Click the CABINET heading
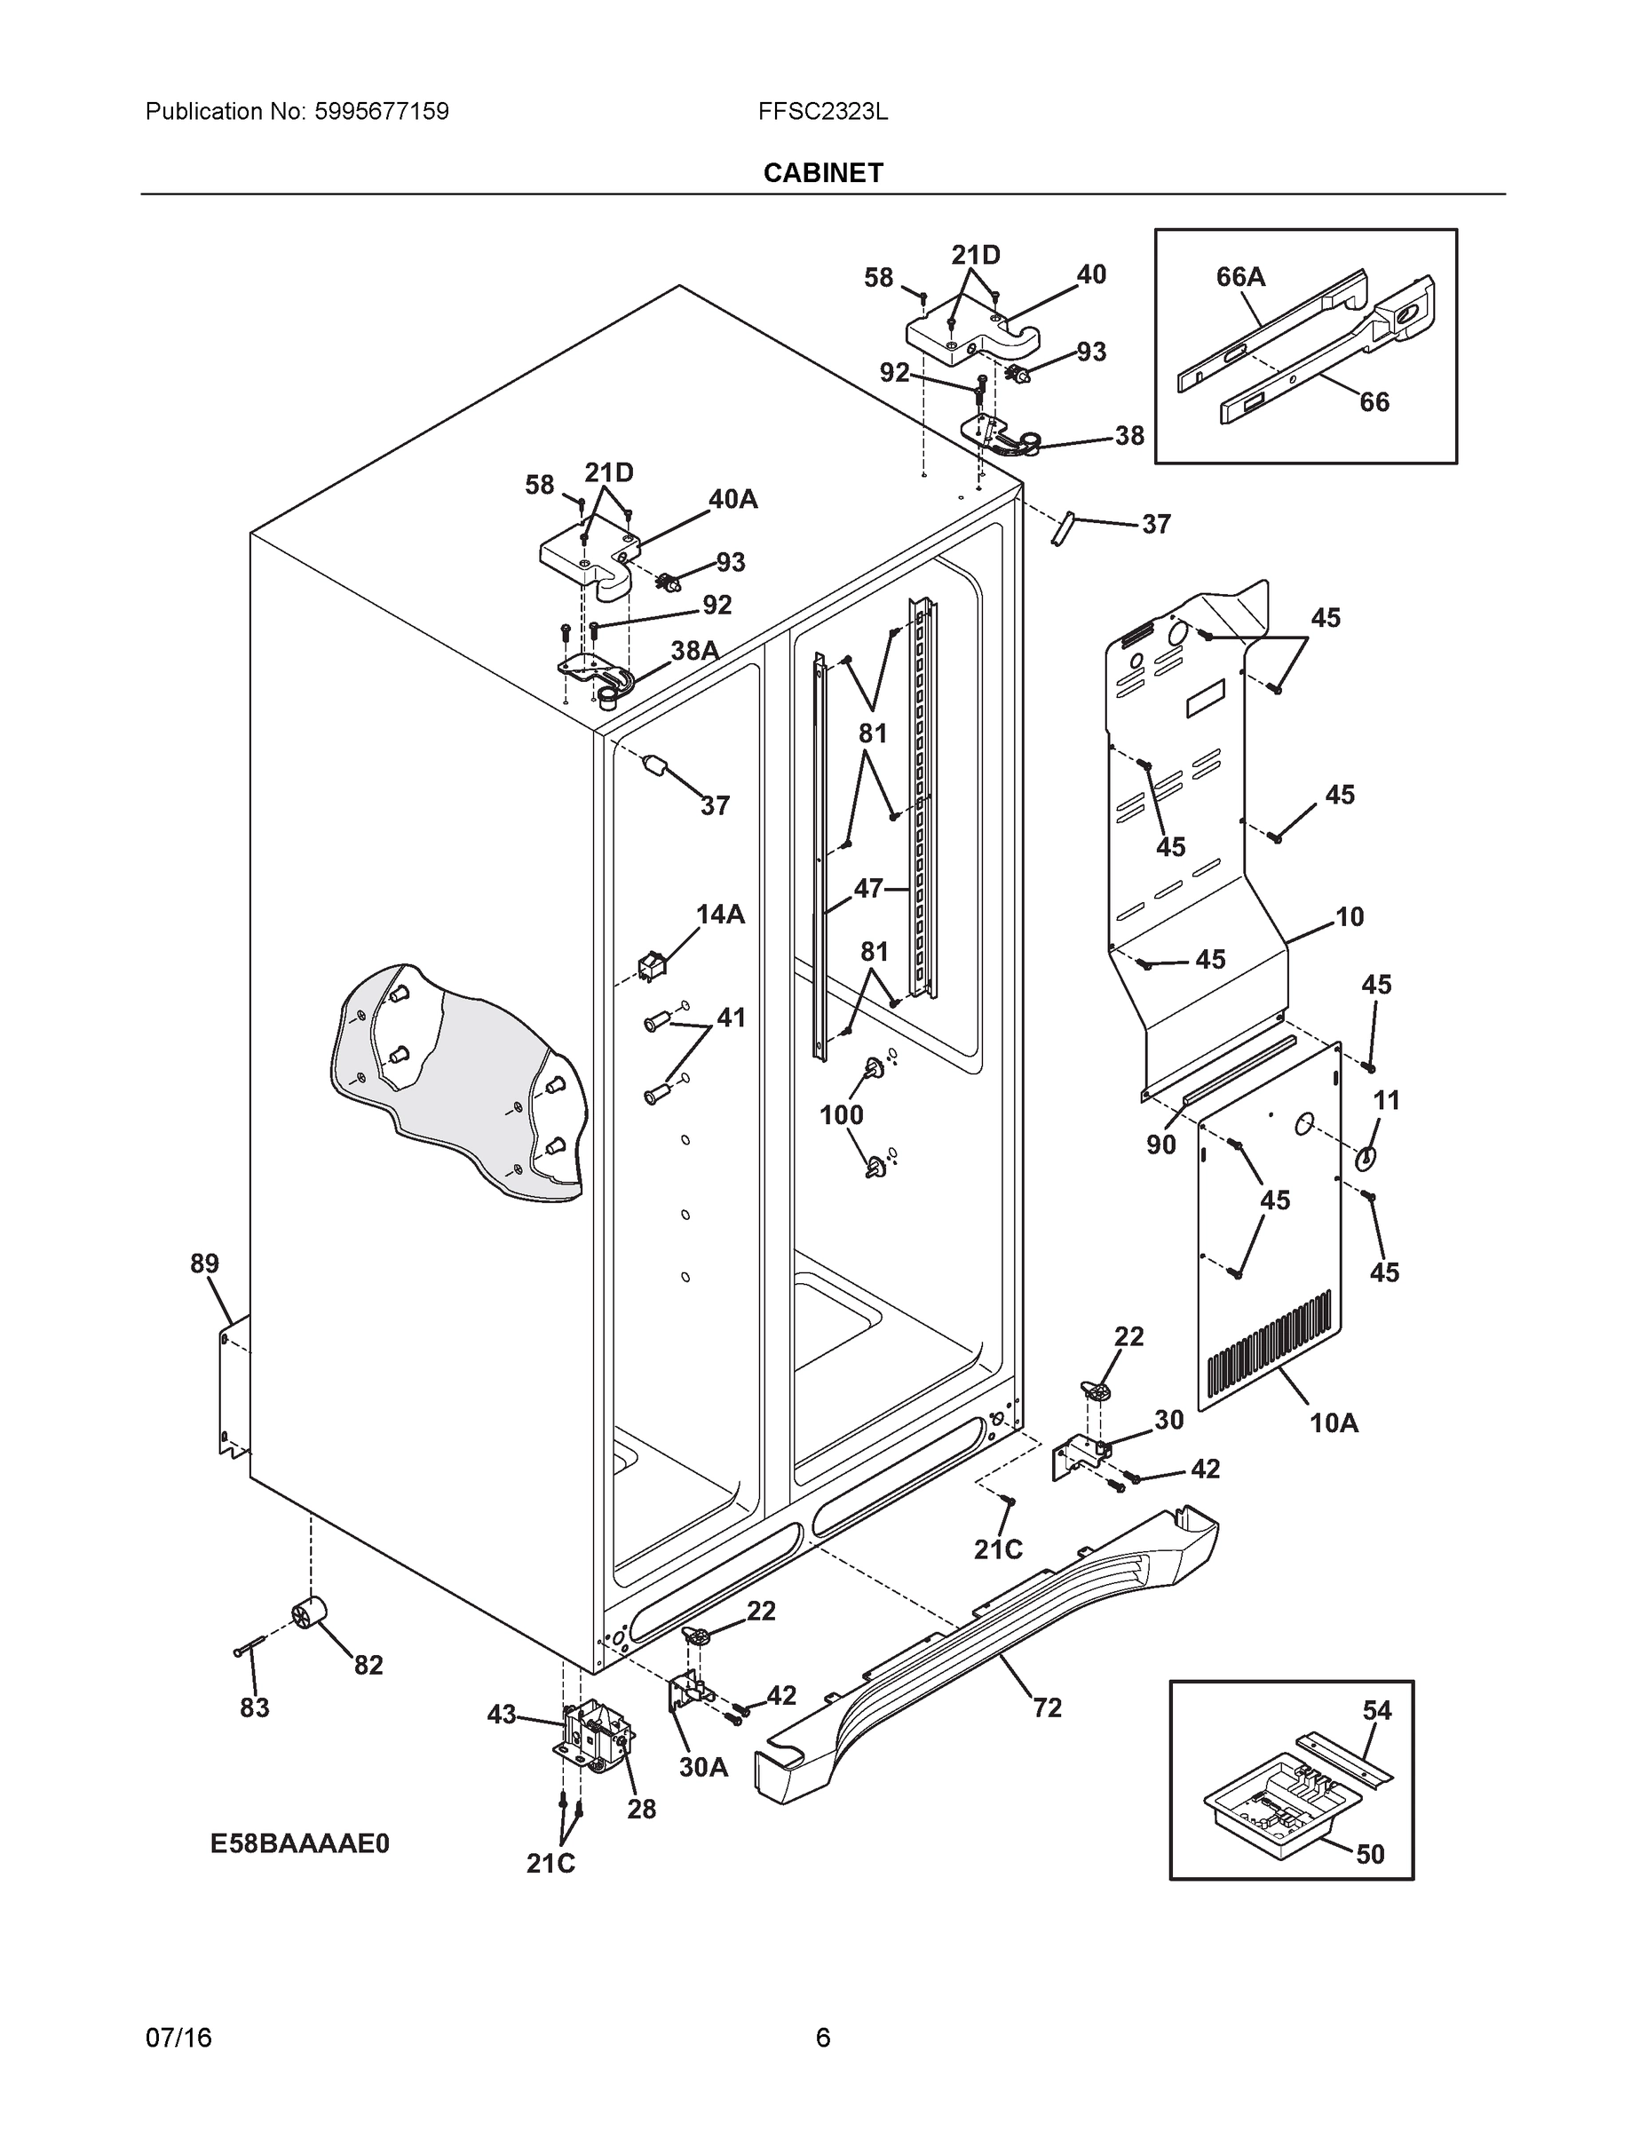[x=822, y=173]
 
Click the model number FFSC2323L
[x=822, y=111]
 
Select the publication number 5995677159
[x=382, y=111]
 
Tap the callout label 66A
[x=1240, y=277]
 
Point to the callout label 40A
[x=732, y=499]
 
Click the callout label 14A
[x=720, y=915]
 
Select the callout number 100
[x=841, y=1114]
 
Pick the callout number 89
[x=204, y=1264]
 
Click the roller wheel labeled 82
[x=309, y=1615]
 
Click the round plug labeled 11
[x=1364, y=1158]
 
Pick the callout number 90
[x=1161, y=1145]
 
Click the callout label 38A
[x=694, y=651]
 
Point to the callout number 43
[x=502, y=1715]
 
